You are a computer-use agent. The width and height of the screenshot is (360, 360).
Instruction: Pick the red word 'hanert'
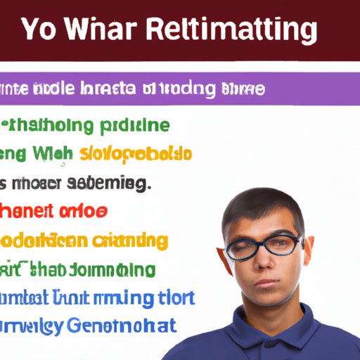coord(26,211)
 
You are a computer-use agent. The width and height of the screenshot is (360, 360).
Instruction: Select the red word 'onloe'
coord(84,211)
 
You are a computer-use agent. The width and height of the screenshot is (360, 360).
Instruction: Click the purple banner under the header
coord(179,89)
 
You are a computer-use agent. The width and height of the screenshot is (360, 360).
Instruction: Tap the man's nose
coord(268,259)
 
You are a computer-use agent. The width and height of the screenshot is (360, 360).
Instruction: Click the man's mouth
coord(268,280)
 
